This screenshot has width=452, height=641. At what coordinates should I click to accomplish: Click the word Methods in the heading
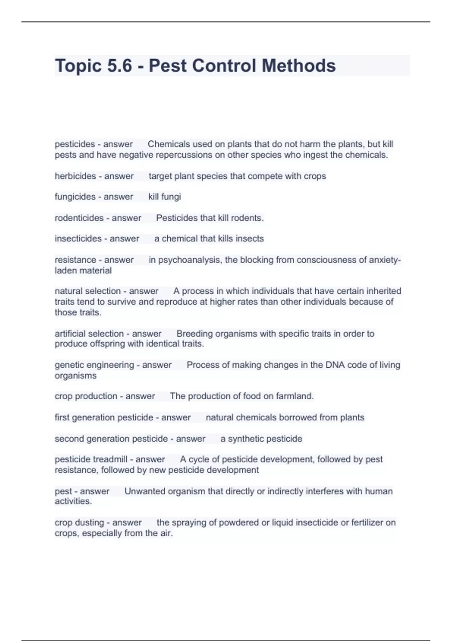coord(298,66)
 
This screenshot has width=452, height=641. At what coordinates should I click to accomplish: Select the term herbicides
coord(75,176)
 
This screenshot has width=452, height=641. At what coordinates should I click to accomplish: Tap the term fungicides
coord(75,196)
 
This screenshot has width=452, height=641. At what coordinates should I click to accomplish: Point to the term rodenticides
coord(79,218)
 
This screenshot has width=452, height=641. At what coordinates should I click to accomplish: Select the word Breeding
coord(194,334)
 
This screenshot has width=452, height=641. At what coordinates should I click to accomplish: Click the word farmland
coord(295,396)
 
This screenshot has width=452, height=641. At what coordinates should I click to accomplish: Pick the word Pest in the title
coord(167,66)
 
